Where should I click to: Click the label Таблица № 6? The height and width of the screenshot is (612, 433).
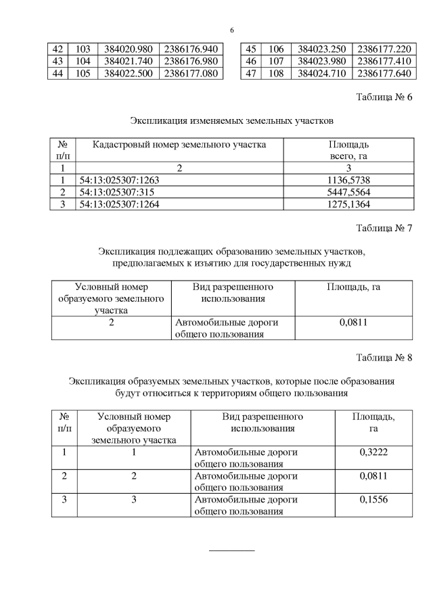[384, 97]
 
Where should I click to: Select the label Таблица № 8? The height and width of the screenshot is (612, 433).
[384, 357]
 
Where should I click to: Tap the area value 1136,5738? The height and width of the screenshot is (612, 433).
[348, 179]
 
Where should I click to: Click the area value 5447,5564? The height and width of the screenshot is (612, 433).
[348, 191]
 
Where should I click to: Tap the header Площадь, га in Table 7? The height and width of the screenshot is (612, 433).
[353, 287]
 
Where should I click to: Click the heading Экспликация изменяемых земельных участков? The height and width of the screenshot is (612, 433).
[231, 121]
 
